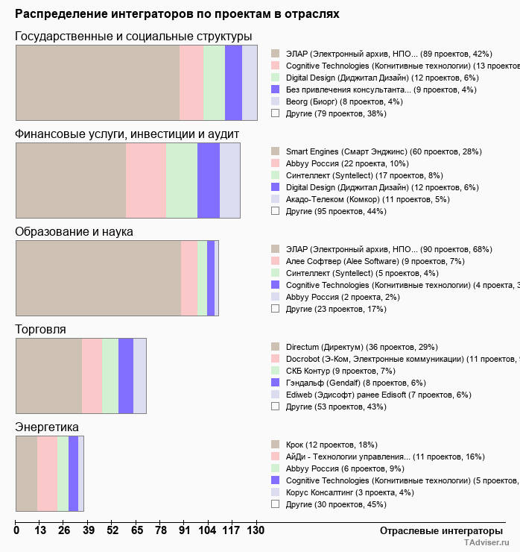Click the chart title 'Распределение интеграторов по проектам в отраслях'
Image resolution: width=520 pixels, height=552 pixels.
(x=177, y=14)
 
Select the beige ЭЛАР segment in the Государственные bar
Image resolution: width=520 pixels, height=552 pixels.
(x=98, y=82)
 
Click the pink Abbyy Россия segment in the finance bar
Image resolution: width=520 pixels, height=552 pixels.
(x=146, y=181)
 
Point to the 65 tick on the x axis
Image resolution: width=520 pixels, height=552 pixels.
(x=137, y=530)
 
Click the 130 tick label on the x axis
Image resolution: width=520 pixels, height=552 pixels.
(x=255, y=530)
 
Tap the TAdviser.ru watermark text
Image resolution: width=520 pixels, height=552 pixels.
(x=487, y=543)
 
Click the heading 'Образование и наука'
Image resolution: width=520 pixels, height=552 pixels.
(x=74, y=231)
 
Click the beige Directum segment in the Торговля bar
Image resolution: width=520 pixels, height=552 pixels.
(x=48, y=375)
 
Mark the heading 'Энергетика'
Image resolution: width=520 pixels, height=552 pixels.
(x=46, y=427)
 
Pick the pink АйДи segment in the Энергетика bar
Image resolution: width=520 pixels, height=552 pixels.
(x=47, y=474)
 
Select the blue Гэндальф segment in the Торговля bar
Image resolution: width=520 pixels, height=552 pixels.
(x=126, y=375)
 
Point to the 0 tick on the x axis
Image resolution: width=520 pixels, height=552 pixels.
(x=16, y=530)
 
